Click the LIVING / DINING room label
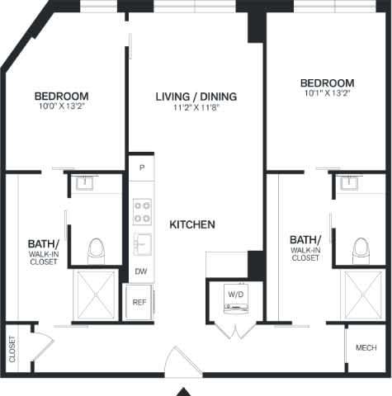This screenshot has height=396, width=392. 196,97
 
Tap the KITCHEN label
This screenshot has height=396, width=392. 193,224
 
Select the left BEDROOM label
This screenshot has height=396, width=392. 61,96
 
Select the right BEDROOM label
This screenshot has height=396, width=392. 327,83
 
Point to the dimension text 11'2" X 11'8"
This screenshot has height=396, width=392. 196,107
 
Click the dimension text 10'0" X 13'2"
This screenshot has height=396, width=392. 61,106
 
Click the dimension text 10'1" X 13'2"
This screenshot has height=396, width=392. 327,94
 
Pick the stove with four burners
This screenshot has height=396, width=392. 142,213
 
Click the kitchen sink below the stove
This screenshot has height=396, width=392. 142,245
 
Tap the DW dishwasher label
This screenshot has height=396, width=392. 141,271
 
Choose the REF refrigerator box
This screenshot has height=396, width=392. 139,302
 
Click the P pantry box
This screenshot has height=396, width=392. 142,167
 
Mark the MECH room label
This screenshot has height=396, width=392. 366,348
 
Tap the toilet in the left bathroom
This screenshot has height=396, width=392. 96,248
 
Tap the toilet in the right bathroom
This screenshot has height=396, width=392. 360,247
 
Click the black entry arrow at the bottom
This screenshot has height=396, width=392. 187,390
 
